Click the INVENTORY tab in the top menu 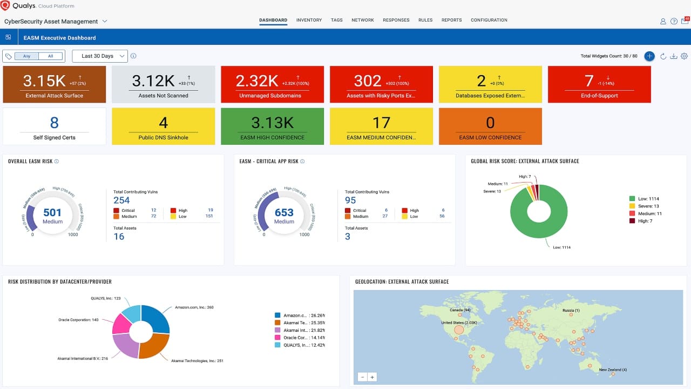click(x=309, y=20)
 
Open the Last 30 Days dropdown click(x=100, y=56)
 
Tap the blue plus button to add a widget click(x=649, y=56)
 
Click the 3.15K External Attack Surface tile click(x=55, y=84)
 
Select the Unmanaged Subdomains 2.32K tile click(x=273, y=84)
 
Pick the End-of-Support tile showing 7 click(x=599, y=84)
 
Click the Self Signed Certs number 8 click(x=55, y=123)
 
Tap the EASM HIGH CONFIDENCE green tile click(x=273, y=126)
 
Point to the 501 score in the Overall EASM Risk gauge click(x=52, y=213)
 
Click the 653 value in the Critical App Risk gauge click(x=284, y=213)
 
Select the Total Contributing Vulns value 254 click(x=121, y=200)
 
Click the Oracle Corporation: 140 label click(x=78, y=320)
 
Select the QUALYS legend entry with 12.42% click(x=300, y=345)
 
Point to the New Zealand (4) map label click(x=613, y=370)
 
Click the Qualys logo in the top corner click(x=5, y=6)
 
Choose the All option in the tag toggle click(x=50, y=56)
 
